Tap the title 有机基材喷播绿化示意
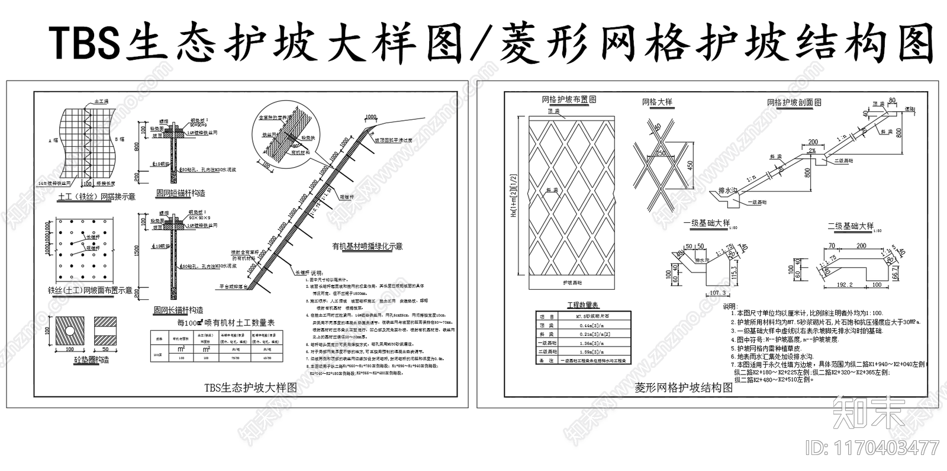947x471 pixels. click(367, 246)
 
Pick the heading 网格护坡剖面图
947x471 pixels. click(794, 102)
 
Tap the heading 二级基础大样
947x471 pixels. click(850, 226)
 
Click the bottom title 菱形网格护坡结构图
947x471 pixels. click(684, 388)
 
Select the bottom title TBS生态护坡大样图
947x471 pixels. click(250, 387)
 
